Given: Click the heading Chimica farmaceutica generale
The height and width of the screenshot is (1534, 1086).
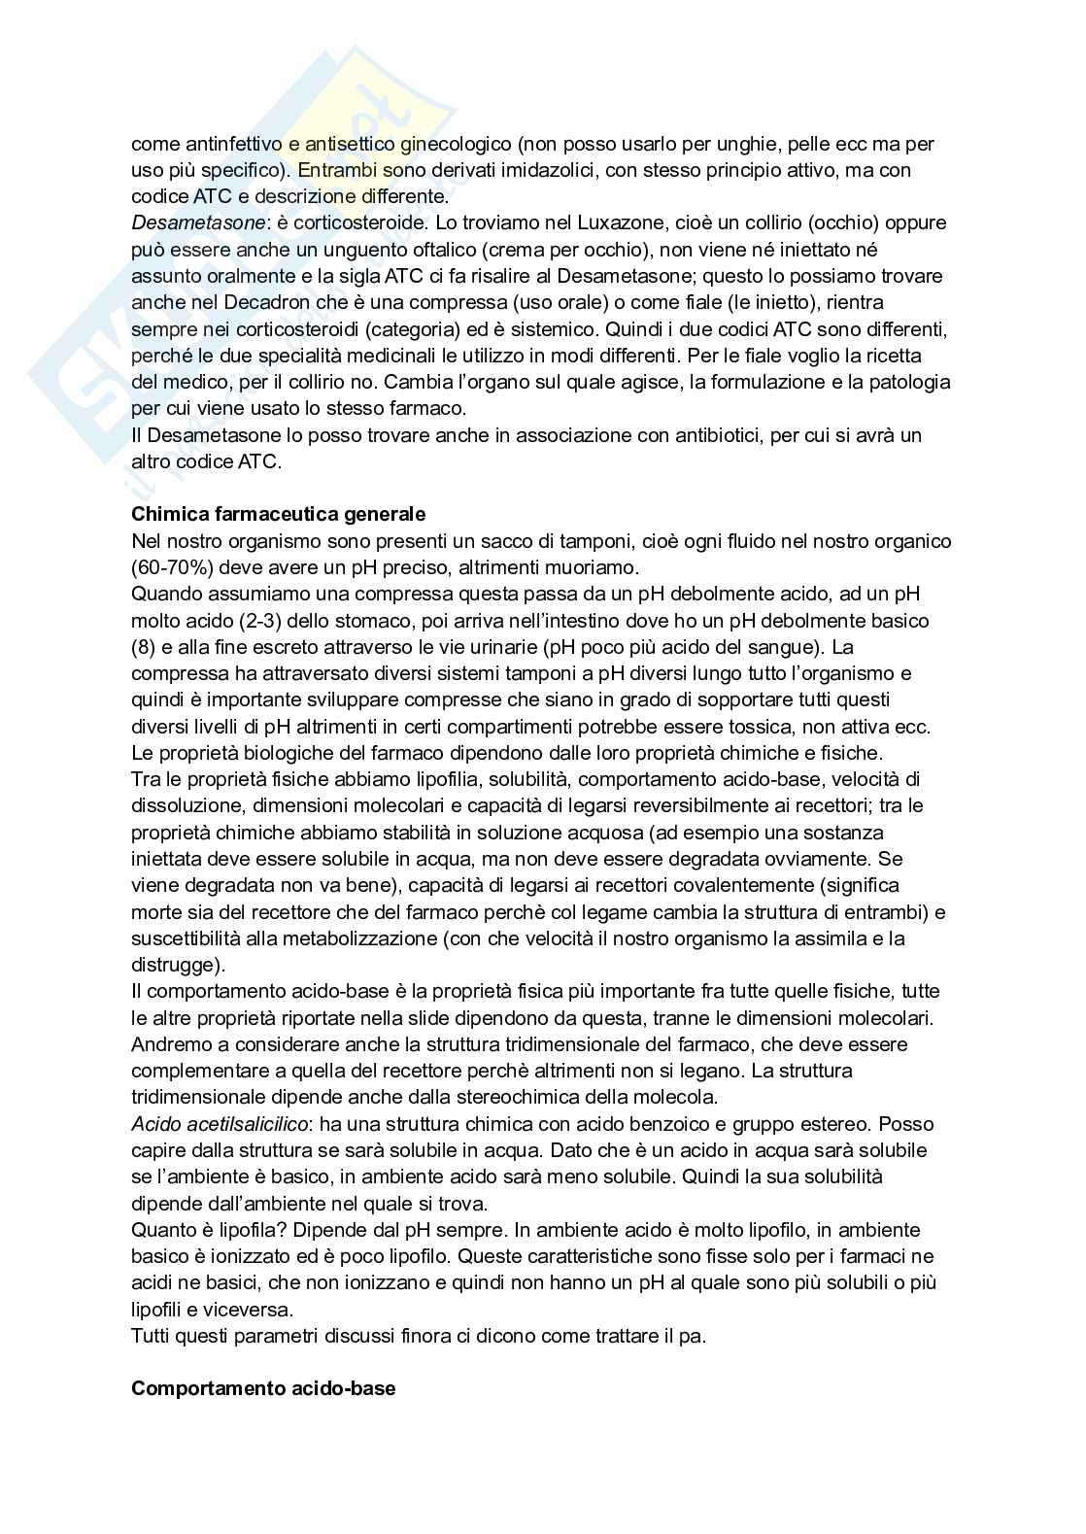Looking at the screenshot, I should (278, 514).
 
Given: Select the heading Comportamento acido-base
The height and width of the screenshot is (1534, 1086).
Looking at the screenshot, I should (263, 1388).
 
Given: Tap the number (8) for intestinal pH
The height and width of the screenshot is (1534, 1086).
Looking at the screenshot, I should (143, 647).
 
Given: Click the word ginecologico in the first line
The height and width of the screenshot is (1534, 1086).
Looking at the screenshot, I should (455, 144).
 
